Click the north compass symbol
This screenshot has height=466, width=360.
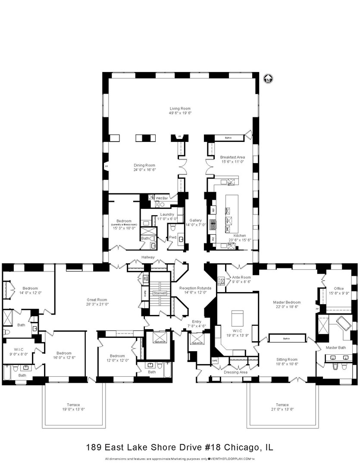(268, 79)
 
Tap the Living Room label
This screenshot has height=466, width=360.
(180, 108)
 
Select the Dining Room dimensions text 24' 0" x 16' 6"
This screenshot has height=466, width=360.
(144, 170)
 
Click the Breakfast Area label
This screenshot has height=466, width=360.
(232, 157)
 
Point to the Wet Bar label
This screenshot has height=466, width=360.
(162, 198)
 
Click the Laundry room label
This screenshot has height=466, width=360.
(167, 214)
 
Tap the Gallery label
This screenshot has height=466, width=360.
(195, 220)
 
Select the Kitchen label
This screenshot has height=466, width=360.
(240, 236)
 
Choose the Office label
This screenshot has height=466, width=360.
(339, 289)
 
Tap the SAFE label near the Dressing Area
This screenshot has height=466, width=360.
(215, 360)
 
